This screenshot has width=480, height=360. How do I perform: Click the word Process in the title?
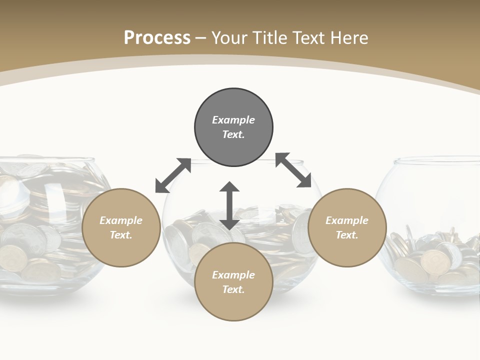coord(157,37)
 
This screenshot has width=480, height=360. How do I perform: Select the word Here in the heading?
coord(349,37)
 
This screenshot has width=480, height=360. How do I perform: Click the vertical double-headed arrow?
coord(229,205)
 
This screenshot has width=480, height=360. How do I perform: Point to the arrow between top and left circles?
coord(173,175)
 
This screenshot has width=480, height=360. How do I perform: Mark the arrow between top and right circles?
coord(293,170)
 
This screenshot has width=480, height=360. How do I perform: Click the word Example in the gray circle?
coord(233,120)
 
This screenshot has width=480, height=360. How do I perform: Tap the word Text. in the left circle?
coord(121,235)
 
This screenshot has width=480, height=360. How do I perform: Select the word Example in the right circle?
coord(347,220)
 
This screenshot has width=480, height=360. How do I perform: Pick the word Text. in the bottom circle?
coord(233,289)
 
